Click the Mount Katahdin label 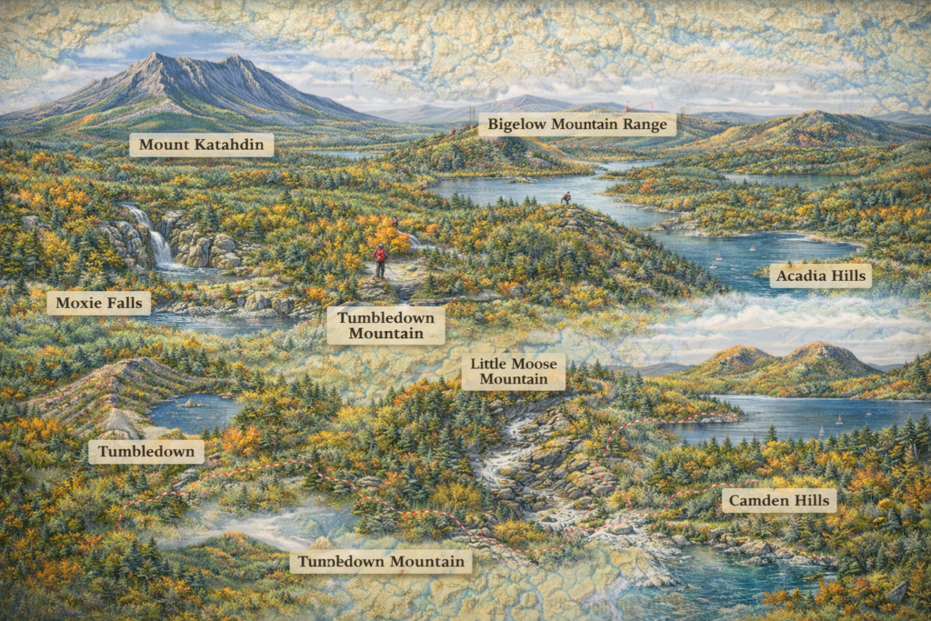click(201, 145)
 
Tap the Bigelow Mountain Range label click(577, 125)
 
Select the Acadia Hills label click(820, 275)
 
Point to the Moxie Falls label click(98, 303)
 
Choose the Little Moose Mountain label click(513, 371)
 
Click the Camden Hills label click(779, 500)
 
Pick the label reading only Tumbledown click(145, 452)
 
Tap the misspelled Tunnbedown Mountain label click(381, 561)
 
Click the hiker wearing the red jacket click(381, 260)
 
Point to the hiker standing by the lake click(566, 197)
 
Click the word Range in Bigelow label click(643, 125)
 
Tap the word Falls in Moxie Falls click(126, 303)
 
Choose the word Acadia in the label click(800, 275)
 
